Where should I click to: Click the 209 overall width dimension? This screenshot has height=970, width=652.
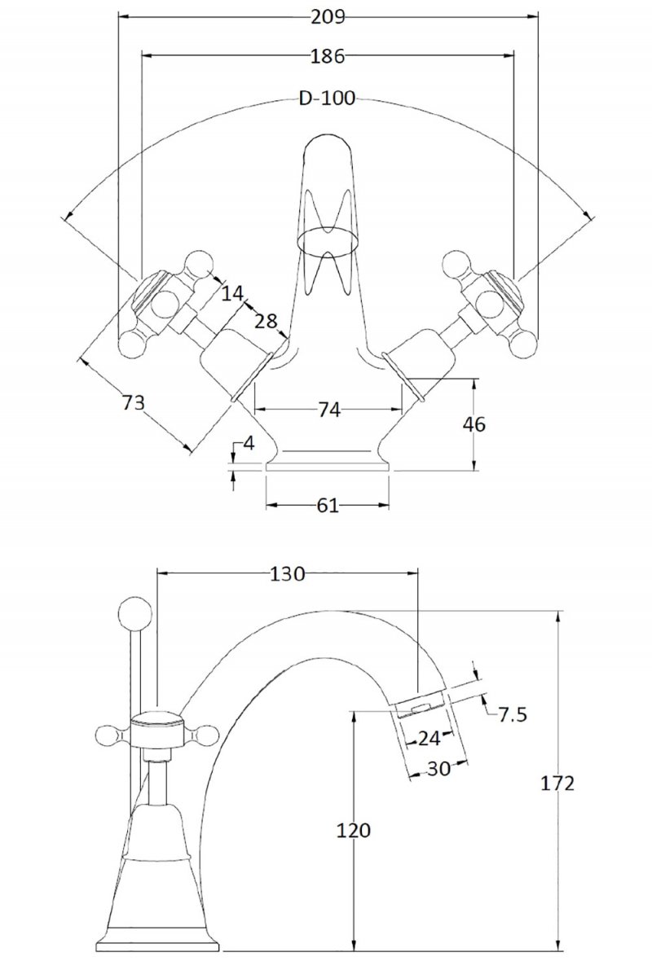[x=328, y=15]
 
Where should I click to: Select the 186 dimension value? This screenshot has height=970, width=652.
[x=328, y=56]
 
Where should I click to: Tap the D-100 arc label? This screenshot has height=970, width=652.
[x=327, y=99]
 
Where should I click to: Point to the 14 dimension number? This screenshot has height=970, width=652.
[x=231, y=293]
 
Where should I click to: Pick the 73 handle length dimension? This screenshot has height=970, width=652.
[x=132, y=402]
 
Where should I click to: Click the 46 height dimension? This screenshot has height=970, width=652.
[x=474, y=424]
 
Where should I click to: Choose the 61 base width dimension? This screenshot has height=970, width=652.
[x=327, y=506]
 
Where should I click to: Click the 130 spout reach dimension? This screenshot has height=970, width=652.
[x=287, y=574]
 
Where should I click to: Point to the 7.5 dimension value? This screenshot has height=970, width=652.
[x=513, y=715]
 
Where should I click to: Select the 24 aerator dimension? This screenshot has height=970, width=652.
[x=429, y=738]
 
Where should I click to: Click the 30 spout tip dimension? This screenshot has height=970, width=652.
[x=438, y=768]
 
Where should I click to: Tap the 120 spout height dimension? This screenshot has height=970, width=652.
[x=353, y=831]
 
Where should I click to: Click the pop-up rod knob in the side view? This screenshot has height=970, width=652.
[x=134, y=612]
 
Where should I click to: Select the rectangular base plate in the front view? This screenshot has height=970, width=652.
[x=328, y=467]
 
